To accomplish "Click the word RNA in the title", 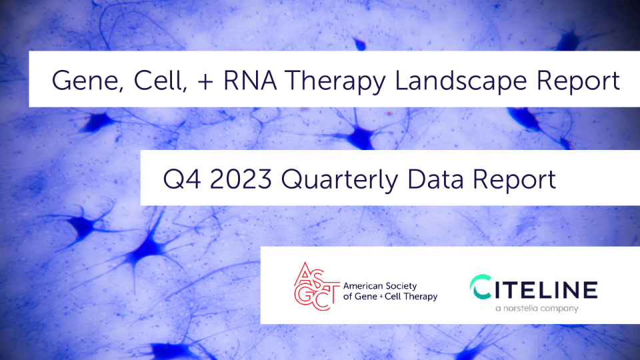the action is pos(250,80).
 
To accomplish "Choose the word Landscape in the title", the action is pos(461,81).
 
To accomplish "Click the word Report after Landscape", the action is pos(578,81).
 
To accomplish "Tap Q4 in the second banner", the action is pos(182,179).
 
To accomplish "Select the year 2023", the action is pos(241,179).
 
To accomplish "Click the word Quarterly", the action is pos(339,179).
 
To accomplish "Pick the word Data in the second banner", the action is pos(435,179).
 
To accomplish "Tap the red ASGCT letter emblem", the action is pos(316,286).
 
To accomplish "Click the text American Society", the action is pos(379,286).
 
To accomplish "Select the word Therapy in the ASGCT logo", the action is pos(420,297).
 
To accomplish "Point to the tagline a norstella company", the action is pos(537,309).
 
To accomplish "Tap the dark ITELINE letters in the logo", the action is pos(545,289).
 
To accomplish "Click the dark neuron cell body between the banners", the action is pos(360,137).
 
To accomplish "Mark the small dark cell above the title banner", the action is pos(359,44).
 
